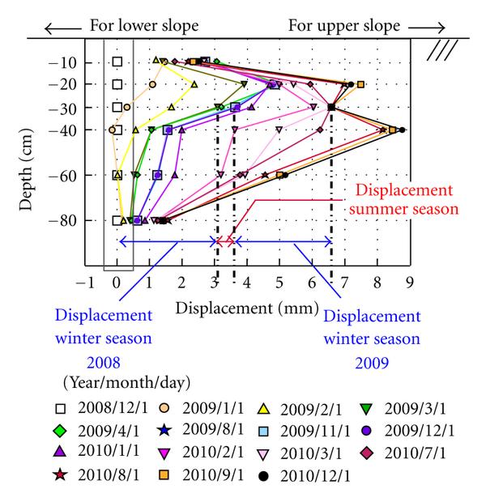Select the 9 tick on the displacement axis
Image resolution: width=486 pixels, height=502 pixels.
click(x=411, y=283)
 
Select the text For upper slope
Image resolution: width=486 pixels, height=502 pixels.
click(x=344, y=26)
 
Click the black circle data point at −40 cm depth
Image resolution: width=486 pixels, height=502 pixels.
click(x=403, y=130)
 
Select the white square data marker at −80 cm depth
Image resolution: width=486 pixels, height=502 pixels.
click(x=117, y=220)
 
